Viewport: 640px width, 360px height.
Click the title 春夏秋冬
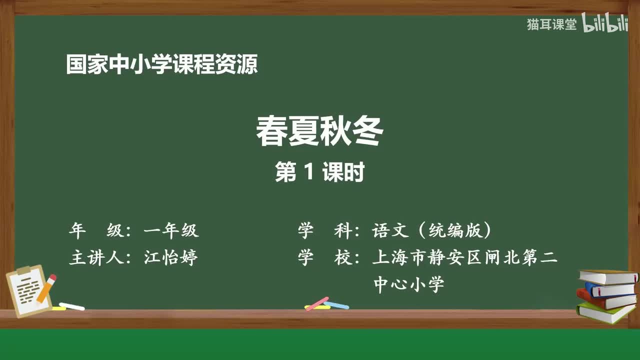319,132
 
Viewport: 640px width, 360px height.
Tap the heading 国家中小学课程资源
162,65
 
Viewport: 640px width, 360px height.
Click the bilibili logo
605,24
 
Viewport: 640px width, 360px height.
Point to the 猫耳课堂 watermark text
551,24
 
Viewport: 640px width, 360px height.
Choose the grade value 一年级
171,230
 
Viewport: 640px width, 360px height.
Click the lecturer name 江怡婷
171,257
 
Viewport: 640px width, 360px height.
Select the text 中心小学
408,284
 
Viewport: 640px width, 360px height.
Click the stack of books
607,295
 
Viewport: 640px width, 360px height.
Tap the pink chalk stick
317,303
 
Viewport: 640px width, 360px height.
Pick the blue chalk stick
336,304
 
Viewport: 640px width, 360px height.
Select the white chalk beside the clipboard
71,306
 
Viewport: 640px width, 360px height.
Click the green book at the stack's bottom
605,313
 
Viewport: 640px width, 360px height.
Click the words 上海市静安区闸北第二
464,258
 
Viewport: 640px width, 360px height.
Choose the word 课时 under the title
343,172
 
